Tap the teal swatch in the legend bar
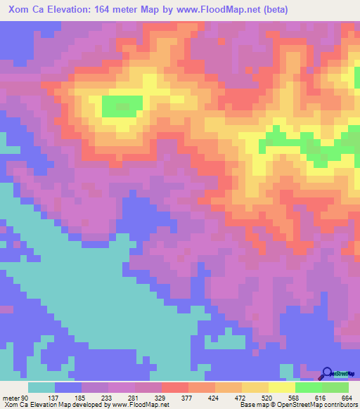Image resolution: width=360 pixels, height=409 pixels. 41,387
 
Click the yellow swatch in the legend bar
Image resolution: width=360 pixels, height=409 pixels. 281,387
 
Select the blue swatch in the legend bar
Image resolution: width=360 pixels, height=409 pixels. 68,387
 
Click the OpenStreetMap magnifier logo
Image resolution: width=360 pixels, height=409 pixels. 326,373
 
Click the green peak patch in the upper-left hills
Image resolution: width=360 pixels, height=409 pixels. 120,106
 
